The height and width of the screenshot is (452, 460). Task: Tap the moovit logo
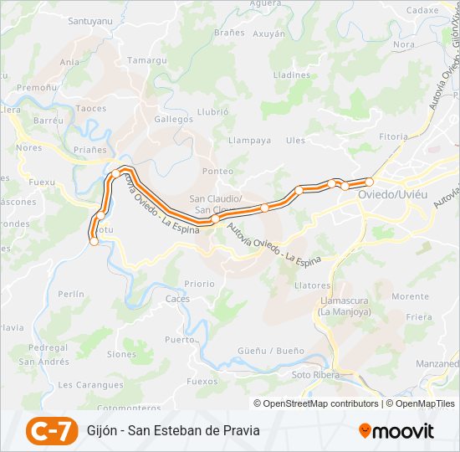click(x=396, y=431)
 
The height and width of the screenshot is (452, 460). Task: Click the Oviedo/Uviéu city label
click(x=392, y=195)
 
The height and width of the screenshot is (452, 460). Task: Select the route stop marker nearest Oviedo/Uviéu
click(x=369, y=181)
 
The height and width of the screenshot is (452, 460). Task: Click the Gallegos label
click(x=173, y=120)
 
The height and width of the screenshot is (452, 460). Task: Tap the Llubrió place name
click(x=212, y=111)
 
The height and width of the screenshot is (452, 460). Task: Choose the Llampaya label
click(x=249, y=141)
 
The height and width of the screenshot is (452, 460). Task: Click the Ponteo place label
click(x=218, y=171)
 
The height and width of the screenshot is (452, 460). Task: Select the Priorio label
click(x=199, y=284)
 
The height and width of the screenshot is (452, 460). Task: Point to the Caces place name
click(x=177, y=299)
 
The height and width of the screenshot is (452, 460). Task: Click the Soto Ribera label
click(x=315, y=375)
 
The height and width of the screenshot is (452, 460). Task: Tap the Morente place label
click(x=410, y=296)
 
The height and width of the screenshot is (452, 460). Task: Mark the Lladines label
click(x=291, y=74)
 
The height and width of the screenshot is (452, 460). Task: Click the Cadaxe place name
click(x=422, y=10)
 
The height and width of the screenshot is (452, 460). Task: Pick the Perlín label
click(x=72, y=295)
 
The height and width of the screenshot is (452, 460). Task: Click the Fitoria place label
click(x=393, y=136)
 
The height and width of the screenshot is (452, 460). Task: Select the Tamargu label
click(x=148, y=61)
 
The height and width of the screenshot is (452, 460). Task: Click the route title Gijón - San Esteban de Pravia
click(x=173, y=431)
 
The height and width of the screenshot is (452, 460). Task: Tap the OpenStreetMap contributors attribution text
click(x=320, y=403)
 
